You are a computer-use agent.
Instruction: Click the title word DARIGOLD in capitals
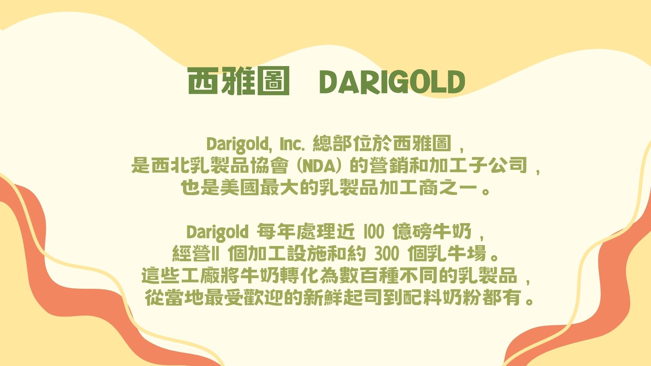coord(392,82)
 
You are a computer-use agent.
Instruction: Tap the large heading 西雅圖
coord(239,81)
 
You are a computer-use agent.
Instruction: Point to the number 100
coord(374,232)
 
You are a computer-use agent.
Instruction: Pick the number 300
coord(387,254)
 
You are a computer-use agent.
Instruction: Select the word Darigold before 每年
coord(217,232)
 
